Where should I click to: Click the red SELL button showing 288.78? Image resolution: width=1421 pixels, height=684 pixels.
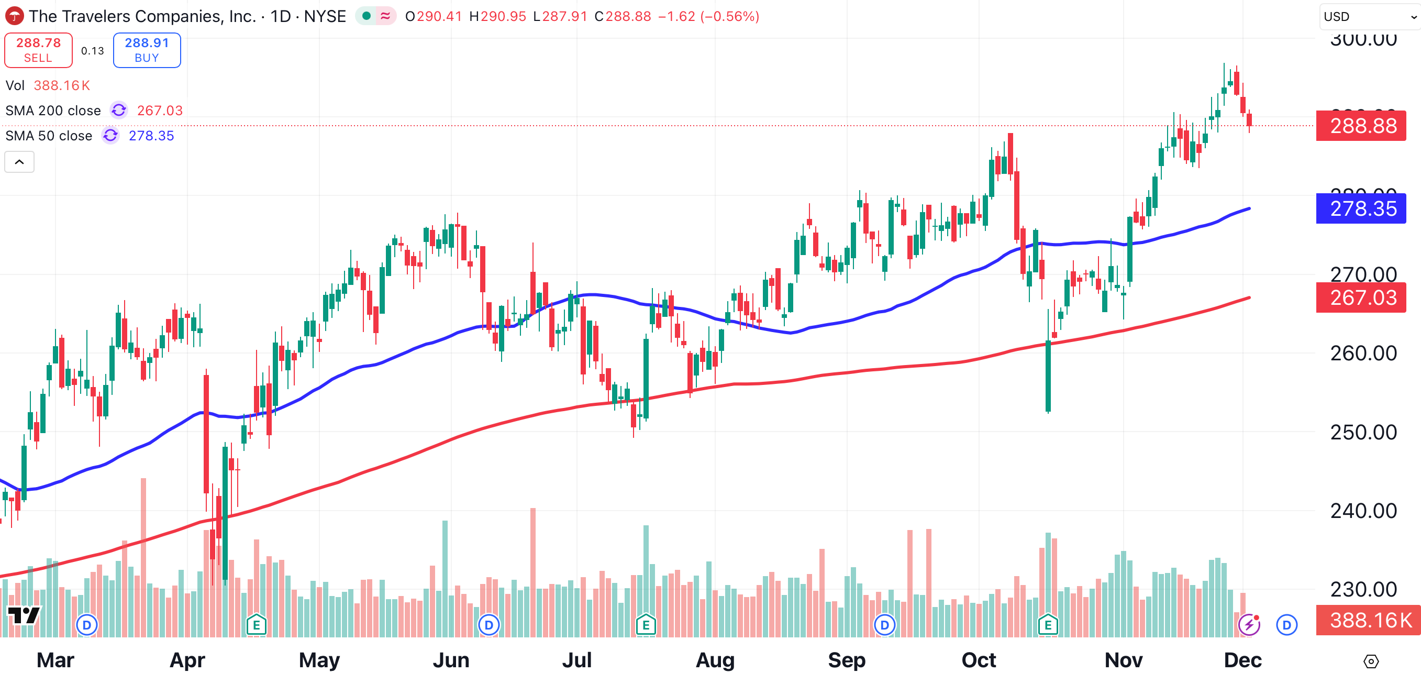(x=38, y=50)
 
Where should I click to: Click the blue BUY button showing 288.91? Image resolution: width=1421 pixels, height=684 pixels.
(x=147, y=50)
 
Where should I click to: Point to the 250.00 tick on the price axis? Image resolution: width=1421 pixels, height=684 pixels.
(x=1363, y=432)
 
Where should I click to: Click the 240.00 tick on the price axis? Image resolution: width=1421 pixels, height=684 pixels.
(x=1363, y=511)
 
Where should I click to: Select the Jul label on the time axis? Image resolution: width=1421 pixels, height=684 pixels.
(x=576, y=660)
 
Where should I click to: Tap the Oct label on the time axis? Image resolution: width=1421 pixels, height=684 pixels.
(x=979, y=660)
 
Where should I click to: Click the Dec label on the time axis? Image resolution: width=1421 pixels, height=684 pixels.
(x=1242, y=660)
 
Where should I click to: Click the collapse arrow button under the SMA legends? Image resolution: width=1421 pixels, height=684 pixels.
(x=19, y=162)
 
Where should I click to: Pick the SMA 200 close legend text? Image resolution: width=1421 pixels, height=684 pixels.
(x=53, y=111)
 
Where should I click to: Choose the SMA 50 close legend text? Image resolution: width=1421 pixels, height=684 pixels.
(x=49, y=136)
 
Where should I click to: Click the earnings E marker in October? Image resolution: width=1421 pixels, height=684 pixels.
(x=1048, y=625)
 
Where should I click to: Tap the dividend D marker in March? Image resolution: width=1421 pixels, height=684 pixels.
(x=86, y=625)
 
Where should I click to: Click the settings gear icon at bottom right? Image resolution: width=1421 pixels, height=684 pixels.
(x=1371, y=661)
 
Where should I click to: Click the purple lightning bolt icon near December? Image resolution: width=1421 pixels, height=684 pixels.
(x=1249, y=625)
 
